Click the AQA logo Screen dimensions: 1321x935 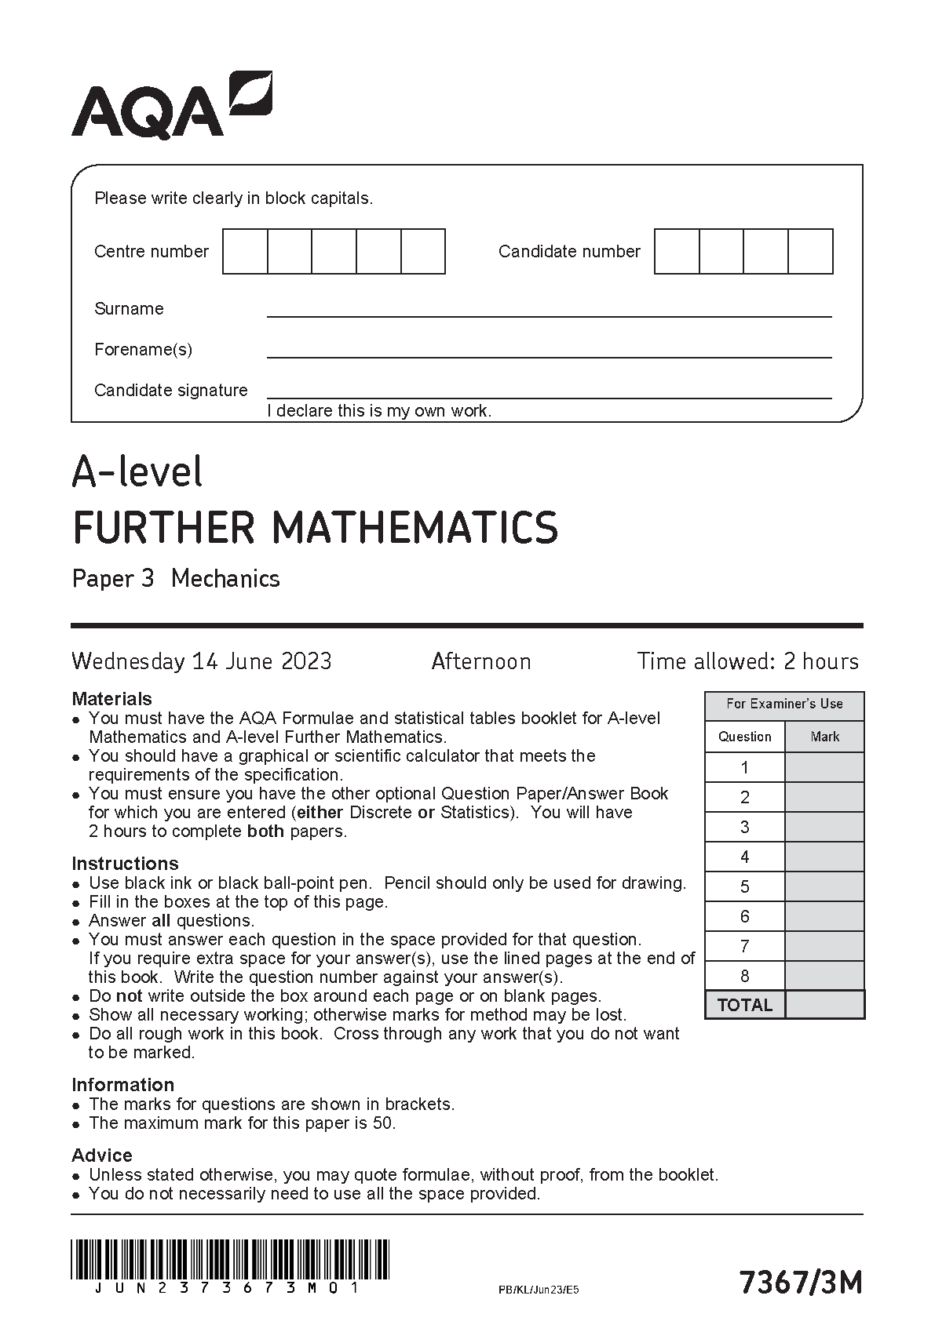[171, 106]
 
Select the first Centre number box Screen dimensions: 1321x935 [245, 252]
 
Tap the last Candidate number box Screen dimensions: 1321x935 [810, 252]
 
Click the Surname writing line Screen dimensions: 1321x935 [549, 310]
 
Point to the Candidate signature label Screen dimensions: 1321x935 [170, 390]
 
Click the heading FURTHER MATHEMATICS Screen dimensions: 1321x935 [315, 527]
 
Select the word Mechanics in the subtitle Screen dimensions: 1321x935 [225, 579]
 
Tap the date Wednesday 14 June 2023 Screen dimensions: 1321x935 [202, 661]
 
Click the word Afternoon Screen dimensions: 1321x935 [481, 661]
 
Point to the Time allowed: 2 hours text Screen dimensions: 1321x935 [747, 661]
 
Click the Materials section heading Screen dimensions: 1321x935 [111, 699]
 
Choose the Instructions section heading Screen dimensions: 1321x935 [125, 864]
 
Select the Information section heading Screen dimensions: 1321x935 [122, 1085]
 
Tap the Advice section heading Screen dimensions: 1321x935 [102, 1155]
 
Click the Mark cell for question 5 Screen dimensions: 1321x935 [824, 887]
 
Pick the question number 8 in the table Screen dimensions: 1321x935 [745, 977]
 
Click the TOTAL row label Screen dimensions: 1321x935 [745, 1005]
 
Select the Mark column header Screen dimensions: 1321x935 [824, 737]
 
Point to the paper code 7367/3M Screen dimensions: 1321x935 [800, 1283]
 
